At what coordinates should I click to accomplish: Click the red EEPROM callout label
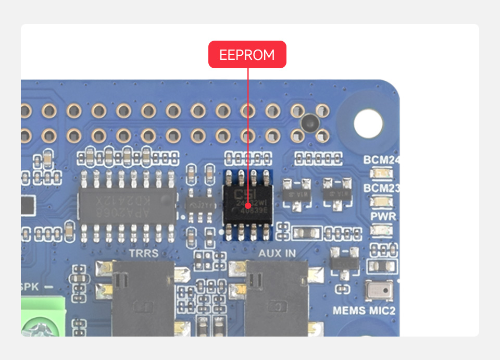(247, 55)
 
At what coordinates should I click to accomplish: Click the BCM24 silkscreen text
(381, 160)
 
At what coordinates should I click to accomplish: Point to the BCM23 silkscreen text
(381, 188)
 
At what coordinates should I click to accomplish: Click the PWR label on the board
(383, 216)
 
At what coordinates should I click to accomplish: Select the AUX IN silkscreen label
(277, 253)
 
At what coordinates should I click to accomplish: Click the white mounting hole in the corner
(368, 123)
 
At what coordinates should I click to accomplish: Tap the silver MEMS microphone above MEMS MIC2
(379, 291)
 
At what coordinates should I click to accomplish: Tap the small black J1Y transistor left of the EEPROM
(199, 205)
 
